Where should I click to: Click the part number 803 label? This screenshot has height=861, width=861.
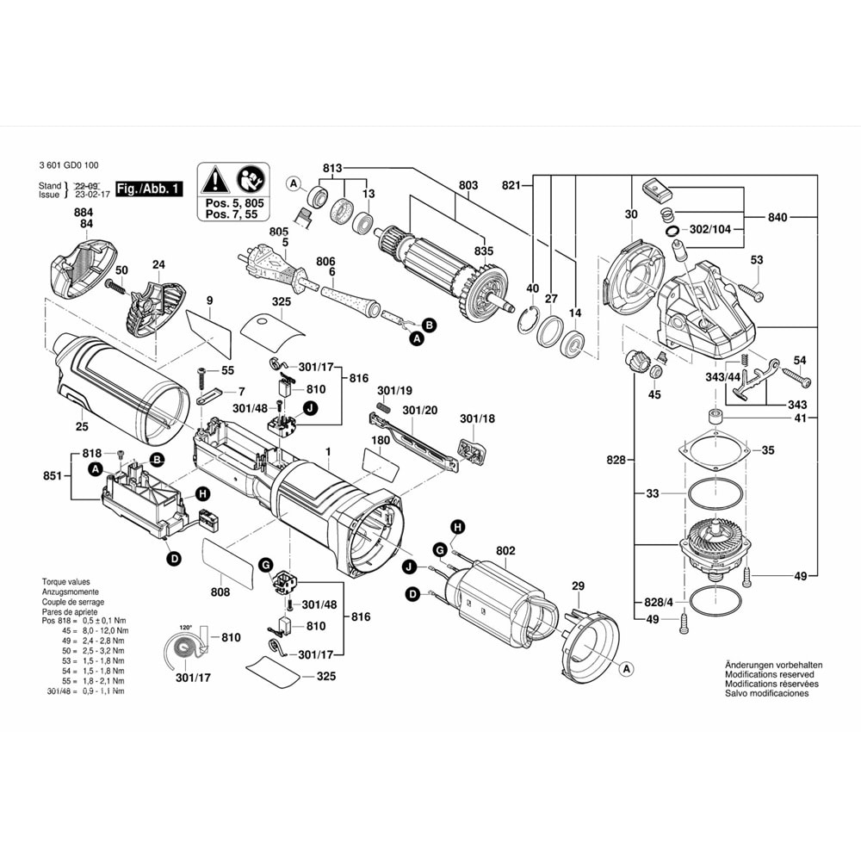pyautogui.click(x=468, y=185)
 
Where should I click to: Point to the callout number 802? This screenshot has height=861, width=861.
pyautogui.click(x=505, y=550)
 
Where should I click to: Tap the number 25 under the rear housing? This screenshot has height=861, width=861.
pyautogui.click(x=82, y=425)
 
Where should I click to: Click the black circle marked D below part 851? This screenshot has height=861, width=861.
pyautogui.click(x=174, y=560)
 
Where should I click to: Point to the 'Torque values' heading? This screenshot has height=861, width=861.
pyautogui.click(x=65, y=582)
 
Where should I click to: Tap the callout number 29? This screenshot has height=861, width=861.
pyautogui.click(x=579, y=585)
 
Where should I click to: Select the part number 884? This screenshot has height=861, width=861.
pyautogui.click(x=84, y=212)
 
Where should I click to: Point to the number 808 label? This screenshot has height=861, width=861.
pyautogui.click(x=220, y=592)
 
